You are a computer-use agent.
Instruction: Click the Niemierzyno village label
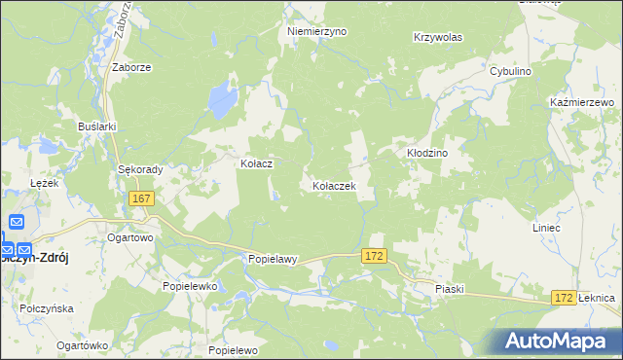pyautogui.click(x=316, y=31)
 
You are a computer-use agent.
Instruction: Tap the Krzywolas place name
pyautogui.click(x=437, y=37)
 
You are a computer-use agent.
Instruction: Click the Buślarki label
pyautogui.click(x=97, y=126)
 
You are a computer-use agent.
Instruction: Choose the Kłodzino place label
pyautogui.click(x=426, y=154)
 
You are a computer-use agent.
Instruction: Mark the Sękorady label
pyautogui.click(x=140, y=168)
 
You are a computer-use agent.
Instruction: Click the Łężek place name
pyautogui.click(x=45, y=183)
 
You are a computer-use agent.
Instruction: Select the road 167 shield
pyautogui.click(x=141, y=198)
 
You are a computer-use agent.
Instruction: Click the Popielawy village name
pyautogui.click(x=272, y=260)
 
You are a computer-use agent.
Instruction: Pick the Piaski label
pyautogui.click(x=450, y=289)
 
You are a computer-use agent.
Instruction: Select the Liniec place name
pyautogui.click(x=573, y=228)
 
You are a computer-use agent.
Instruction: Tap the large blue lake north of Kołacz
pyautogui.click(x=223, y=97)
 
